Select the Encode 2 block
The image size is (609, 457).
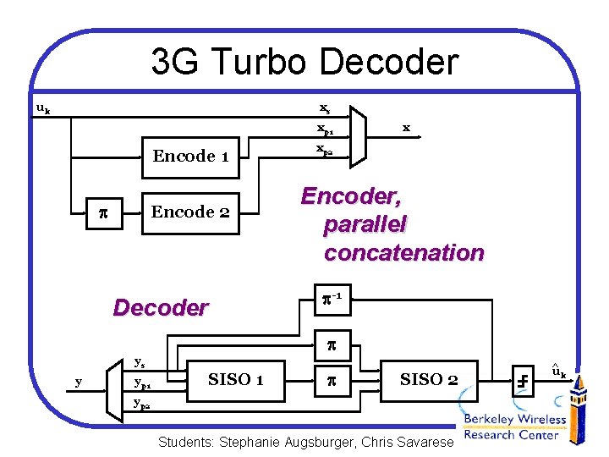[189, 212]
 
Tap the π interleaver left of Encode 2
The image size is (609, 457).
[100, 212]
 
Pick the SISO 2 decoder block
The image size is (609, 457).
[429, 380]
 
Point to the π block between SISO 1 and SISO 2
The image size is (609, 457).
[332, 380]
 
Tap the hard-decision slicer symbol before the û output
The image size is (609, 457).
[524, 380]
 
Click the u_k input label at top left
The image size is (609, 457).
[42, 108]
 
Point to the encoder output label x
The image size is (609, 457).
[406, 128]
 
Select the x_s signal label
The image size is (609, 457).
[325, 108]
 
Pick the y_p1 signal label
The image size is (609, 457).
[143, 383]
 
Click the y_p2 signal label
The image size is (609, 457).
[143, 405]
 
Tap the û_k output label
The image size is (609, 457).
[558, 371]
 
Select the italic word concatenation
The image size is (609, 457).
[403, 252]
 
